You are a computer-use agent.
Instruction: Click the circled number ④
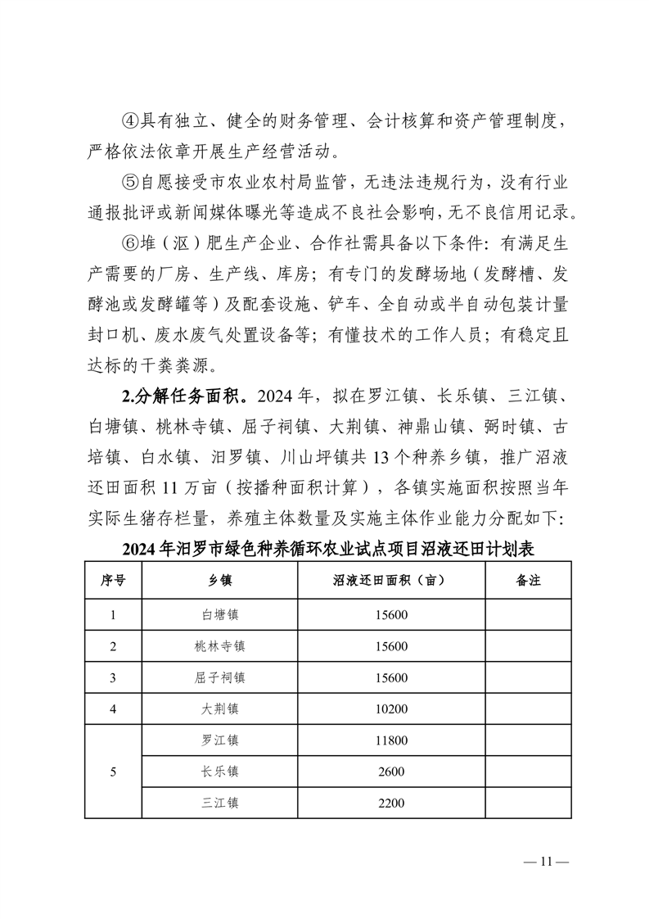(131, 122)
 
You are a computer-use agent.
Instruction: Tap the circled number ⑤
(131, 182)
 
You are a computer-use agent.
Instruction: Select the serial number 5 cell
(113, 772)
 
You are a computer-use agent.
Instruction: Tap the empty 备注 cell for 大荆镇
(528, 709)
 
